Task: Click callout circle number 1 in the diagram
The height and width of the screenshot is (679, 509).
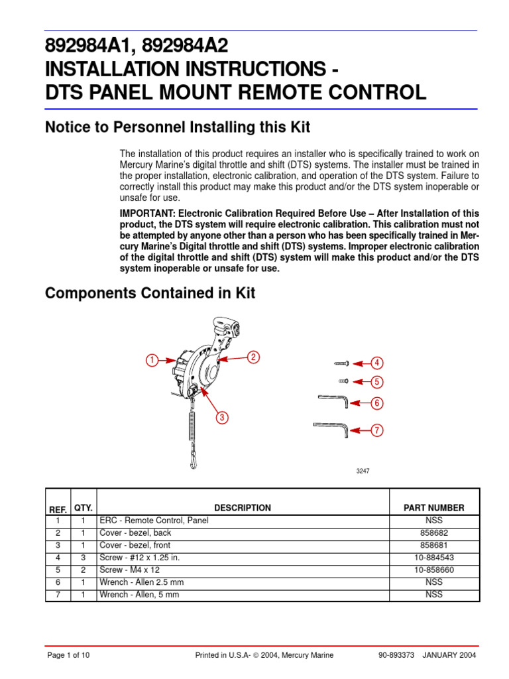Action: (152, 360)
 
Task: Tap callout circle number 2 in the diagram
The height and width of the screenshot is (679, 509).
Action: (253, 357)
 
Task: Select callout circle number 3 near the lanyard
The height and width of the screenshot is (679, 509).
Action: (222, 417)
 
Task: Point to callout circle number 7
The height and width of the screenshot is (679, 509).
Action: (376, 430)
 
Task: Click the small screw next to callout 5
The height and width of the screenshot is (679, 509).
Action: (343, 381)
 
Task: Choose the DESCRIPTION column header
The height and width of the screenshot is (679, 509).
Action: (242, 508)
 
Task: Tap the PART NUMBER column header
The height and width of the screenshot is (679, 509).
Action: (433, 508)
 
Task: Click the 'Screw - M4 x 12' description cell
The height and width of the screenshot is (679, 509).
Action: (130, 570)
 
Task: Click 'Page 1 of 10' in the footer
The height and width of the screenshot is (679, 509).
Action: (68, 655)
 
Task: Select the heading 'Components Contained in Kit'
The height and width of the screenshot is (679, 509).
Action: (150, 293)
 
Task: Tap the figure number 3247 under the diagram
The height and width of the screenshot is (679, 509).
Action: (363, 471)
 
